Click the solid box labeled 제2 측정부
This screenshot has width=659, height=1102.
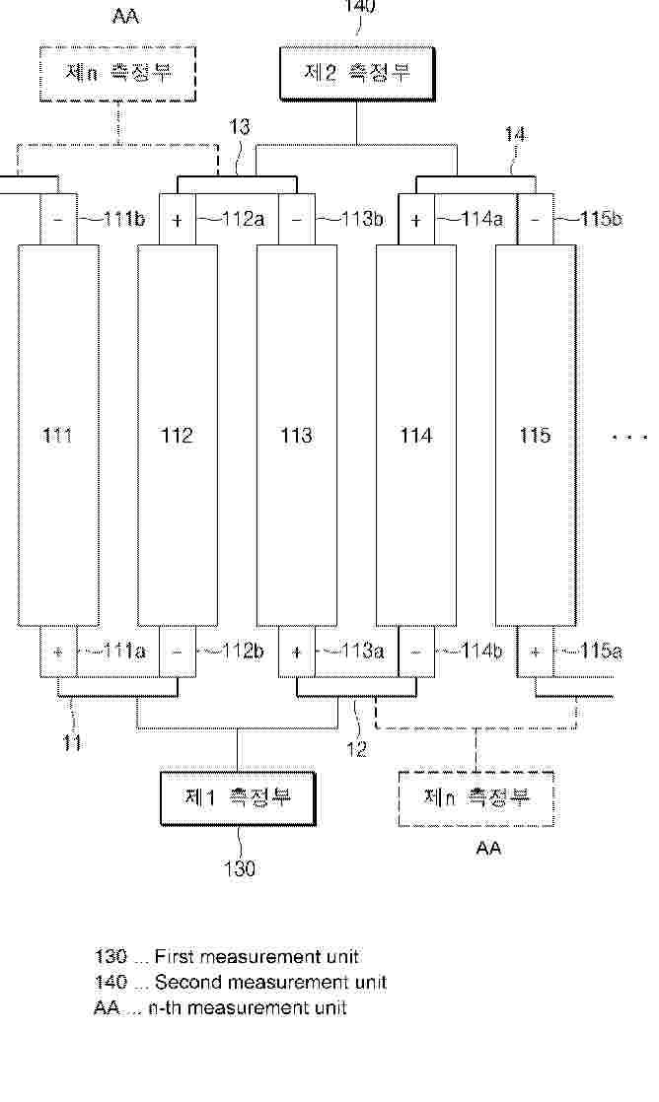click(x=357, y=74)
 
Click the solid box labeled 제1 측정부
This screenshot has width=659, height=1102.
click(x=238, y=797)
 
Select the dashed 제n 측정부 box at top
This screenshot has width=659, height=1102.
click(x=117, y=74)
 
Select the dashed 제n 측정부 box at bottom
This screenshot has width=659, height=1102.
click(x=476, y=798)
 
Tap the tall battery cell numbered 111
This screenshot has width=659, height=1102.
click(x=57, y=435)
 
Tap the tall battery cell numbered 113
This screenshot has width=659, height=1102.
click(x=296, y=435)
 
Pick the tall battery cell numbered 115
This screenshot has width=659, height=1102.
click(x=536, y=435)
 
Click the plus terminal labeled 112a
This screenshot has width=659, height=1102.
click(x=178, y=219)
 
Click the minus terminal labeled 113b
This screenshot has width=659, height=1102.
click(x=296, y=219)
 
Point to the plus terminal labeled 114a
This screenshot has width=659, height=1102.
click(x=415, y=219)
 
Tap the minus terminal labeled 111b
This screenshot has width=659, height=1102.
click(x=57, y=219)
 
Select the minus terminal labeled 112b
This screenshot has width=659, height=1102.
click(x=178, y=652)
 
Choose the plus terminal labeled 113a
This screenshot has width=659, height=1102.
click(x=296, y=652)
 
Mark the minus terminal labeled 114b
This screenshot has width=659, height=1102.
click(x=415, y=652)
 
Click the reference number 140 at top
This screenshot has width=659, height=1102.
click(x=359, y=6)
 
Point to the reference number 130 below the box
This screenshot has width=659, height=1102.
click(x=239, y=868)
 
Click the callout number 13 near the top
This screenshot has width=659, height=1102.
click(x=239, y=126)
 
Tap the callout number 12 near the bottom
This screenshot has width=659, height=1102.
click(x=356, y=749)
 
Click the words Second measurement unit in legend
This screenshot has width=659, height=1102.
click(x=270, y=982)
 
